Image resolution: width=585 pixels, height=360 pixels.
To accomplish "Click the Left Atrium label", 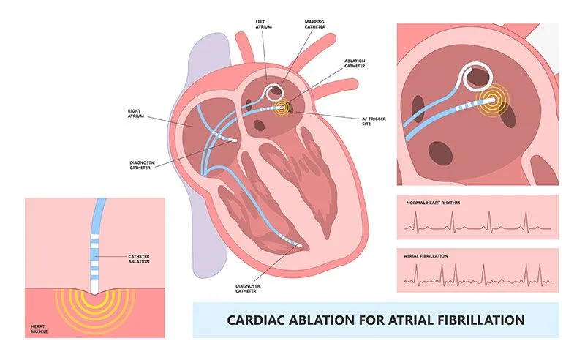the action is tap(263, 24).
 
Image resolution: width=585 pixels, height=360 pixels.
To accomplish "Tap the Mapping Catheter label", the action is tap(314, 24).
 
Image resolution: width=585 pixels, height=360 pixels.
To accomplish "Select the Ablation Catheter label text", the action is tap(355, 64).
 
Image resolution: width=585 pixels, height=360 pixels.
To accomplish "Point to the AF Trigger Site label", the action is tap(374, 121).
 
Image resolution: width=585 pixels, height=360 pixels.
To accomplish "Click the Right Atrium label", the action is tap(136, 113).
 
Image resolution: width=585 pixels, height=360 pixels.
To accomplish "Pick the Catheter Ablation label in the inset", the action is tap(139, 259).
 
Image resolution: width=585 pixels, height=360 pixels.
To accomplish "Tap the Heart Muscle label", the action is tap(39, 329).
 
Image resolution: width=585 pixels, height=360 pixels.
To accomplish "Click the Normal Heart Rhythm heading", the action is tap(433, 203).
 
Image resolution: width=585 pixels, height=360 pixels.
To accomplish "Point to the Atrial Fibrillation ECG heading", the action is tap(426, 256).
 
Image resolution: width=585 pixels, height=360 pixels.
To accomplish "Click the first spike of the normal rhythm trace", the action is tap(415, 221).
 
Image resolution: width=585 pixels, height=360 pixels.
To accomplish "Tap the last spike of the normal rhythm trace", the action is tap(526, 221).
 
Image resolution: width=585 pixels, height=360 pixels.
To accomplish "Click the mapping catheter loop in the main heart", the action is tap(274, 92).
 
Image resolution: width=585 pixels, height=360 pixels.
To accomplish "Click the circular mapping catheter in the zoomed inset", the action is tap(478, 78).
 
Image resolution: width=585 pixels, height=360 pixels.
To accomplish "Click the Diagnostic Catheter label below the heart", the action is tap(248, 289).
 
